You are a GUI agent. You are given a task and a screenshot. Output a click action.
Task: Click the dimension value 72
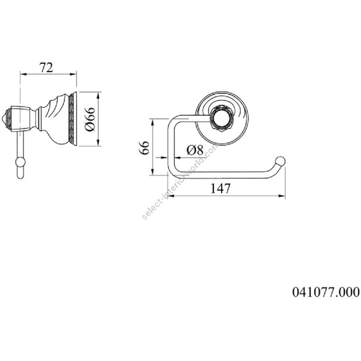pyautogui.click(x=47, y=67)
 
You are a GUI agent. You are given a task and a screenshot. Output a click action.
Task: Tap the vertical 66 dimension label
pyautogui.click(x=144, y=148)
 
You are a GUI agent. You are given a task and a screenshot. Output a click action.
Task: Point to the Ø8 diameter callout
pyautogui.click(x=195, y=150)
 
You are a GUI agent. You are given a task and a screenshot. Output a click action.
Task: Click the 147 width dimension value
pyautogui.click(x=220, y=189)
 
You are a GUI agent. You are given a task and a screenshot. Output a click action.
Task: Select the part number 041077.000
pyautogui.click(x=326, y=292)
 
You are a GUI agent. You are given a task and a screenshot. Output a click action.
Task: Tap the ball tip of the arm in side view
pyautogui.click(x=20, y=162)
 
